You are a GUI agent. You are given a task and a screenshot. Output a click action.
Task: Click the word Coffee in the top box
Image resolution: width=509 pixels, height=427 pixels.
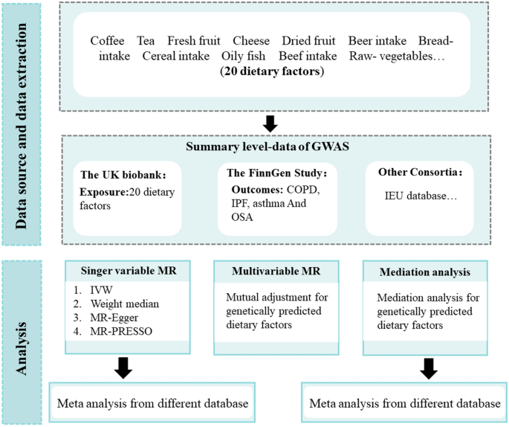point(108,40)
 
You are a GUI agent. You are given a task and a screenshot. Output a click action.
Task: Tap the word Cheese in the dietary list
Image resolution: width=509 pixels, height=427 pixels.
point(251,40)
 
